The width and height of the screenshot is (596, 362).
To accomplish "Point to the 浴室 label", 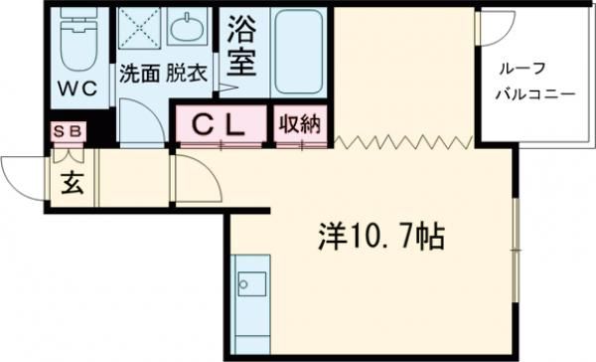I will [x=241, y=45].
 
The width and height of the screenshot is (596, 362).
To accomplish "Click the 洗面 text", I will [x=140, y=73].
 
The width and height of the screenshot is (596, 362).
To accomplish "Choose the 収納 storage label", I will [x=297, y=125].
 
